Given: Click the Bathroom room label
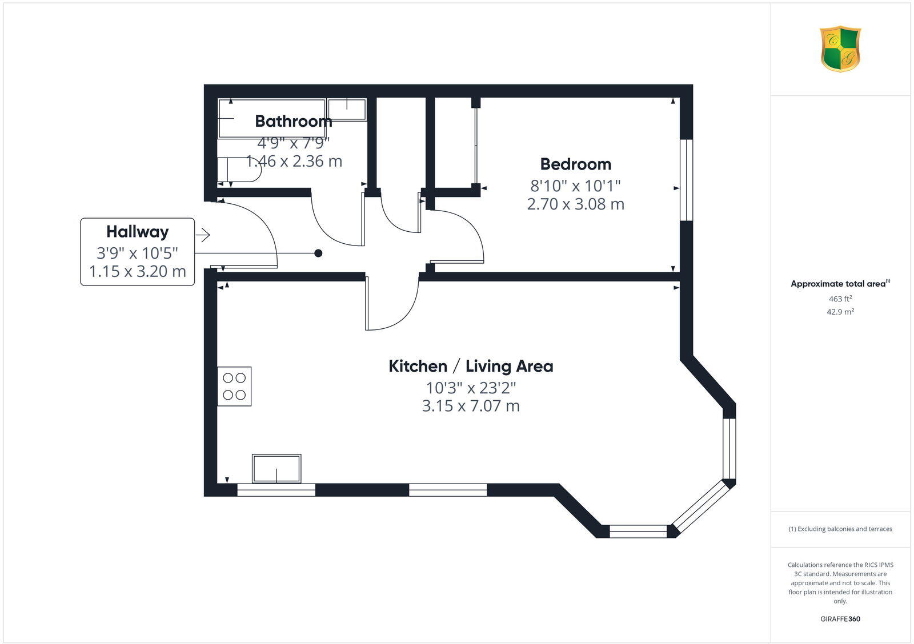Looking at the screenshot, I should (x=293, y=121).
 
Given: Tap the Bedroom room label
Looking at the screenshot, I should (x=575, y=164).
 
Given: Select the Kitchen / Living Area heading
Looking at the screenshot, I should (x=471, y=367).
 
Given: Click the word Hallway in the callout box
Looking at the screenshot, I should (x=138, y=232).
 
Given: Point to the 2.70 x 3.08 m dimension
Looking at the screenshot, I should (x=575, y=204).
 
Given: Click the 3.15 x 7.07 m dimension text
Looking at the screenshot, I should (x=471, y=406).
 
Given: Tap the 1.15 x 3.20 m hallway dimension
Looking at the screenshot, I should (x=138, y=271).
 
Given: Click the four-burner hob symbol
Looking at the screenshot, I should (x=234, y=387).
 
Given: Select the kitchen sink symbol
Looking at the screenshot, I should (x=276, y=469).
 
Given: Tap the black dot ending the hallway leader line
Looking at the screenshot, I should (x=318, y=253).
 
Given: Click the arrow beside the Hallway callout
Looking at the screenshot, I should (x=203, y=235).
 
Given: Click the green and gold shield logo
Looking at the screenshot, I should (x=840, y=49).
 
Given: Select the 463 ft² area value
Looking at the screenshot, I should (x=840, y=299).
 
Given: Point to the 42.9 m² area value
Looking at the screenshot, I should (x=840, y=312).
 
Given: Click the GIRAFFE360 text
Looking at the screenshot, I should (x=840, y=619).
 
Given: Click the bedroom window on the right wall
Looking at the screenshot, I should (x=686, y=180).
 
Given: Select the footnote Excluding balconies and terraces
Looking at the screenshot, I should (x=840, y=529).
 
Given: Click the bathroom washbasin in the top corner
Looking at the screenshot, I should (x=347, y=110).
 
